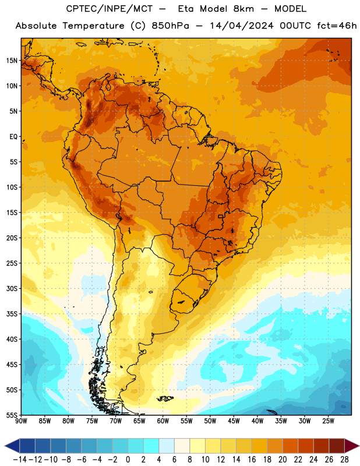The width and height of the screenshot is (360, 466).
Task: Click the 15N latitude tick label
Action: pyautogui.click(x=12, y=61)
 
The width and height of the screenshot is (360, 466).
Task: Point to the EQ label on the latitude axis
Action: pyautogui.click(x=13, y=137)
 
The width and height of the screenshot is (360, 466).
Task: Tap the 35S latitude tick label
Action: pyautogui.click(x=12, y=314)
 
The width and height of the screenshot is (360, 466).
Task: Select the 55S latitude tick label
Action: pyautogui.click(x=12, y=415)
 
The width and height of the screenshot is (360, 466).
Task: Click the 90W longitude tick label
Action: pyautogui.click(x=21, y=421)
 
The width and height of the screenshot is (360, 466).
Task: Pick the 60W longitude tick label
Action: pyautogui.click(x=163, y=421)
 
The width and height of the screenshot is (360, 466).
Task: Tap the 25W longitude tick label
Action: pyautogui.click(x=329, y=421)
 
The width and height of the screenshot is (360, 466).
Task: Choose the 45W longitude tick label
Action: pyautogui.click(x=234, y=421)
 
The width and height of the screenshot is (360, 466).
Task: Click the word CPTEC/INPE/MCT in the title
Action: pyautogui.click(x=110, y=9)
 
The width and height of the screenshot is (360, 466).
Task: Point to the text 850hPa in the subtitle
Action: pyautogui.click(x=170, y=26)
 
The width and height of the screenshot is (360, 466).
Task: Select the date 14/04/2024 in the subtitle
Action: pyautogui.click(x=241, y=26)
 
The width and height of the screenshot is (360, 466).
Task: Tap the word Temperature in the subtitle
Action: pyautogui.click(x=93, y=26)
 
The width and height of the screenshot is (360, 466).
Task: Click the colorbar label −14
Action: pyautogui.click(x=20, y=460)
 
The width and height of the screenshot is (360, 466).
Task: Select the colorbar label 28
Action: pyautogui.click(x=344, y=460)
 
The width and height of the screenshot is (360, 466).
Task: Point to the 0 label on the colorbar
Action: pyautogui.click(x=128, y=460)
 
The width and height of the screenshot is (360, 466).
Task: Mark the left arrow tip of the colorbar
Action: pyautogui.click(x=5, y=446)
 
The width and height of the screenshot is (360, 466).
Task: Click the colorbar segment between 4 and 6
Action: pyautogui.click(x=167, y=446)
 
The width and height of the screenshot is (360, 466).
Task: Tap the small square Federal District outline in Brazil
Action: pyautogui.click(x=221, y=216)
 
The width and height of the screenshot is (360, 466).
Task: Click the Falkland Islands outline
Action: pyautogui.click(x=165, y=398)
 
